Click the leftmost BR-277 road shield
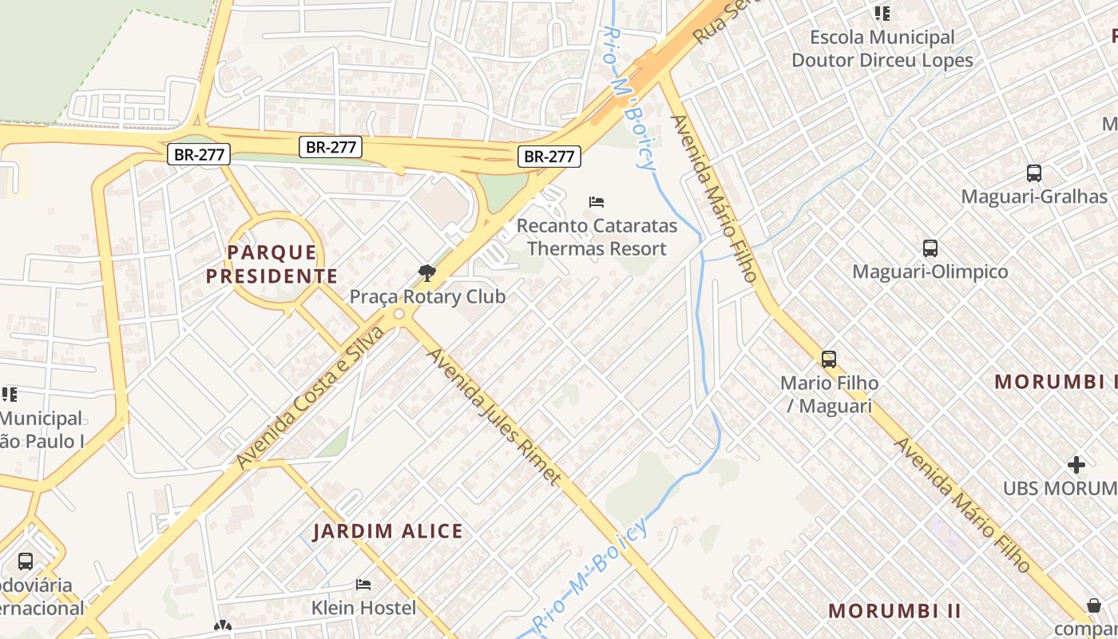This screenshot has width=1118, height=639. (199, 154)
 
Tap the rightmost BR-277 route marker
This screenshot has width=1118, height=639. (549, 157)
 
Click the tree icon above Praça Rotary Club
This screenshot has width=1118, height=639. (427, 274)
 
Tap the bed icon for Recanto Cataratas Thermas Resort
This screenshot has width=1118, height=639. (597, 202)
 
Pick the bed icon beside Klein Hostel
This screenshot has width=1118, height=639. (363, 585)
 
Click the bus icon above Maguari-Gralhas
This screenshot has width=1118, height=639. (1033, 173)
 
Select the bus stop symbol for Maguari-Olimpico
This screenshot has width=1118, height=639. (930, 248)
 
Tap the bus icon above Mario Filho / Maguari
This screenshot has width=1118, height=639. (829, 359)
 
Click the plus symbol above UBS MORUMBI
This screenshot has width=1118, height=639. (1076, 465)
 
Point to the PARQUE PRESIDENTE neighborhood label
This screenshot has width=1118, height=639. (272, 265)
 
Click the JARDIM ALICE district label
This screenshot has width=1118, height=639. (387, 531)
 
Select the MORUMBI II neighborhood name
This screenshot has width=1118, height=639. (894, 611)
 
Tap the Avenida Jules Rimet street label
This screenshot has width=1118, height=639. (495, 415)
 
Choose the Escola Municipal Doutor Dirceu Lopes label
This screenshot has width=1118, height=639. (882, 49)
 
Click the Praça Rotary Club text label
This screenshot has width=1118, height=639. (427, 297)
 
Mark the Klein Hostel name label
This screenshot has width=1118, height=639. (363, 608)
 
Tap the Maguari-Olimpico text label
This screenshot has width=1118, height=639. (930, 272)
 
